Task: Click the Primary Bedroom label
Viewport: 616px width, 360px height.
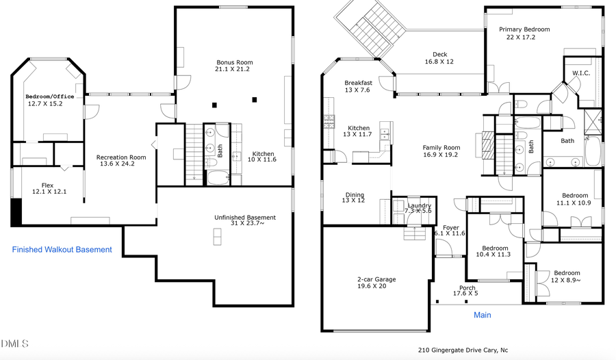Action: pyautogui.click(x=524, y=29)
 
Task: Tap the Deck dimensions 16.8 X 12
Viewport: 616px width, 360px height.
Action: pyautogui.click(x=439, y=62)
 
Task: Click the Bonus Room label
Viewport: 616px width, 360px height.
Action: pyautogui.click(x=235, y=62)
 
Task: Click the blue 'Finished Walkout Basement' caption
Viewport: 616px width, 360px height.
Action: pyautogui.click(x=62, y=250)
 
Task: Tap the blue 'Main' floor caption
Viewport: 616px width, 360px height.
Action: pyautogui.click(x=483, y=316)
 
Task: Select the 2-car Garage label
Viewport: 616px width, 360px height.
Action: pyautogui.click(x=376, y=279)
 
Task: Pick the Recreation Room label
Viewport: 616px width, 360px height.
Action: pyautogui.click(x=120, y=157)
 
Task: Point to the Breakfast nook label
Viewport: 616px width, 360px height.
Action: pyautogui.click(x=358, y=83)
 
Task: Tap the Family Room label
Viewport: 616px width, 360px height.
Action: pyautogui.click(x=441, y=147)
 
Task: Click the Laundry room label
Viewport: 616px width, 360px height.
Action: pyautogui.click(x=419, y=205)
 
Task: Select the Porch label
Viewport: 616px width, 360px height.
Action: pyautogui.click(x=467, y=287)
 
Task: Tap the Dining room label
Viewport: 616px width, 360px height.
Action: pyautogui.click(x=355, y=195)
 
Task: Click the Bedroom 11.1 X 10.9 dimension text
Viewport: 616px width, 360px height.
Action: pyautogui.click(x=572, y=203)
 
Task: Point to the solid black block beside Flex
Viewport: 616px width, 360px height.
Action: pyautogui.click(x=16, y=212)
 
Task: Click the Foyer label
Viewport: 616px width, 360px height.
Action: pyautogui.click(x=450, y=227)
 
